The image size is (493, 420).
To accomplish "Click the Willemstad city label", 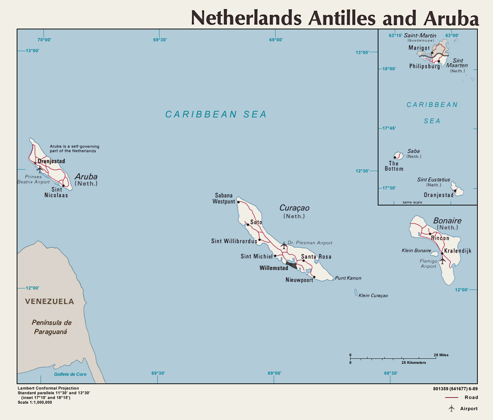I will (x=274, y=268).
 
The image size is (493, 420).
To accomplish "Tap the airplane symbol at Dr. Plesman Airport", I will (x=283, y=245).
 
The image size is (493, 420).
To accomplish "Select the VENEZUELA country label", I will (x=50, y=302).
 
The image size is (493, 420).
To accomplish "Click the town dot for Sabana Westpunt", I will (x=238, y=202).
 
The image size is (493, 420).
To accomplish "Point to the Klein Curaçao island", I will (x=356, y=293).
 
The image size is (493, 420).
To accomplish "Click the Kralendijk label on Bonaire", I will (x=458, y=251).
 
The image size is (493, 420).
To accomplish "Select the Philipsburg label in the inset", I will (x=424, y=66).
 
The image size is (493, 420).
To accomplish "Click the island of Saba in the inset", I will (x=399, y=156).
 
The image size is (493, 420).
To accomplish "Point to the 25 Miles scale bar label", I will (x=441, y=355).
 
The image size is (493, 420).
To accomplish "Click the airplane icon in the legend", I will (x=451, y=408).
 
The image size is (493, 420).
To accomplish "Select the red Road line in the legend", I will (x=452, y=398).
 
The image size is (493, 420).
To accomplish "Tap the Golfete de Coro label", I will (x=70, y=374).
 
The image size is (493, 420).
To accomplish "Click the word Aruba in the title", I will (x=451, y=18).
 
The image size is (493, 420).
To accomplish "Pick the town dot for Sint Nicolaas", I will (x=63, y=186).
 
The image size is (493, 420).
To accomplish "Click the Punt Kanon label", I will (x=348, y=278).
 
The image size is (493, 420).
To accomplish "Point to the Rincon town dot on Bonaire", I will (x=430, y=234).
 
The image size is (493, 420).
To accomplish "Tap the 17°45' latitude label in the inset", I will (x=389, y=128).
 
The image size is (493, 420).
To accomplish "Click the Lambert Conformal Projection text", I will (x=48, y=388).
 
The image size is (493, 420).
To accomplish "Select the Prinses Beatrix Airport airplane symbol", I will (x=40, y=169).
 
